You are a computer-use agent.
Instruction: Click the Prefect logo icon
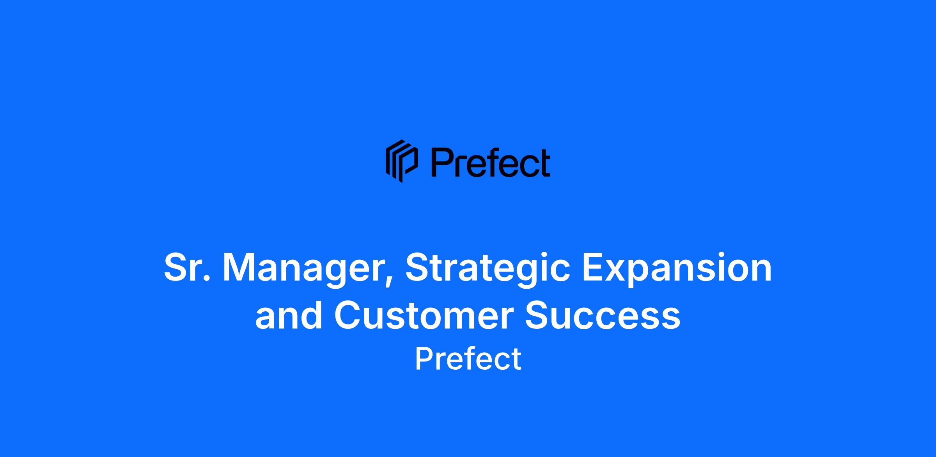click(402, 161)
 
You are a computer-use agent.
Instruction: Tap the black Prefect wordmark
click(491, 162)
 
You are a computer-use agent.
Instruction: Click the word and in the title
click(289, 315)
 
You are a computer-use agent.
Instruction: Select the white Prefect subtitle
click(468, 359)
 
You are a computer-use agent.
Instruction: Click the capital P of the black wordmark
click(442, 162)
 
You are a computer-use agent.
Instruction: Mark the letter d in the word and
click(311, 314)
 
